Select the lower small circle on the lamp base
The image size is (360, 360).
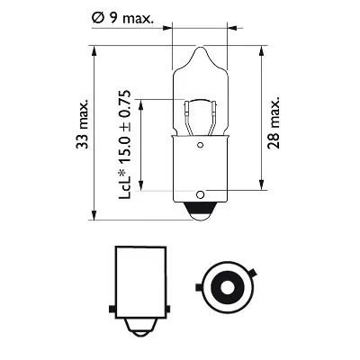tap(200, 192)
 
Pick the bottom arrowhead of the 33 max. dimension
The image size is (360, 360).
tap(94, 215)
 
